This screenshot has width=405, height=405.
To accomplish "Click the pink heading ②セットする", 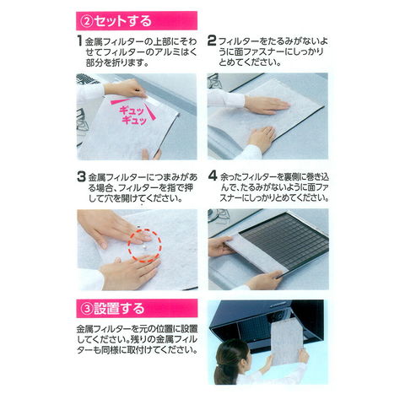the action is point(137,21).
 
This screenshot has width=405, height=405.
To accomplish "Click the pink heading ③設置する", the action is point(137,309).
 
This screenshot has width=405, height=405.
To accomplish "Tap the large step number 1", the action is point(80,40).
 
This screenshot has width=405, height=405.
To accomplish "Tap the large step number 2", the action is point(212,40).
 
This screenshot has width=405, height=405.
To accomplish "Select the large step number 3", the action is point(81,176).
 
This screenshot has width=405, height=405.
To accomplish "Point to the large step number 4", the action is point(213,176).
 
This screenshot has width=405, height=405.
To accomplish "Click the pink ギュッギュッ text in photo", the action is point(133,116).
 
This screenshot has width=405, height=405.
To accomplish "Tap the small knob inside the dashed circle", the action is point(145,247).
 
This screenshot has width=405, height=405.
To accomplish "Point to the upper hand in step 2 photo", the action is point(266,104).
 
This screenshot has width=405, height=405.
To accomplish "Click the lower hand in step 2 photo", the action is point(262,138).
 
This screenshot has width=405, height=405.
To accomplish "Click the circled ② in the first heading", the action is point(87,21).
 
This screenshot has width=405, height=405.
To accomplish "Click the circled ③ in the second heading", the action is point(87,309).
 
